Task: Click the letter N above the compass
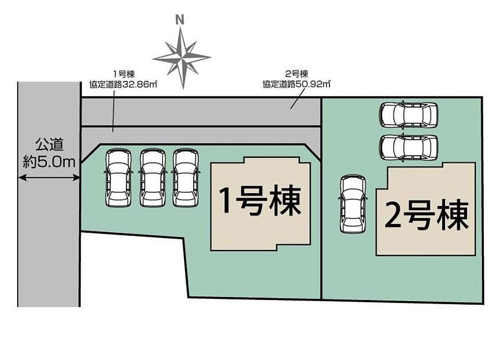coord(180,20)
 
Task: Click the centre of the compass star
coord(182,58)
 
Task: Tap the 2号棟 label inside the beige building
coord(427,215)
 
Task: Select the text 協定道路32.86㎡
coord(123,85)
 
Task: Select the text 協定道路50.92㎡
coord(296,84)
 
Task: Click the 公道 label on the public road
coord(49,145)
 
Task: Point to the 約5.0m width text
coord(49,162)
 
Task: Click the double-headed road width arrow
coord(49,177)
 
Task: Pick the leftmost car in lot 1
coord(118,178)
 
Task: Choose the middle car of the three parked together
coord(153,178)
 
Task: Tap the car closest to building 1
coord(186,178)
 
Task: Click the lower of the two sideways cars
coord(409,147)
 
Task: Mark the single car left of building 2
coord(353,204)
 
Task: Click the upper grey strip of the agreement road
coord(201,112)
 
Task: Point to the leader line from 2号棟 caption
coord(297,99)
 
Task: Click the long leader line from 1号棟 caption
coord(113,111)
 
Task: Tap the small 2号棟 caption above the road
coord(297,74)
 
